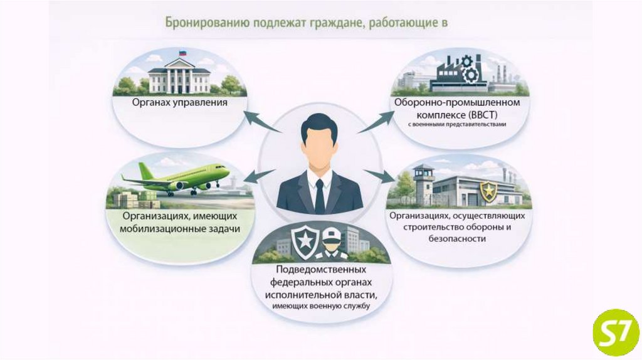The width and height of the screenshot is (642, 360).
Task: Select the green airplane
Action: (179, 179)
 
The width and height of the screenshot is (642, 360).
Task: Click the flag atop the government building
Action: (183, 54)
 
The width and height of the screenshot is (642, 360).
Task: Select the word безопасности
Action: (458, 238)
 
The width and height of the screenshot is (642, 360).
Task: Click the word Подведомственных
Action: (320, 271)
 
